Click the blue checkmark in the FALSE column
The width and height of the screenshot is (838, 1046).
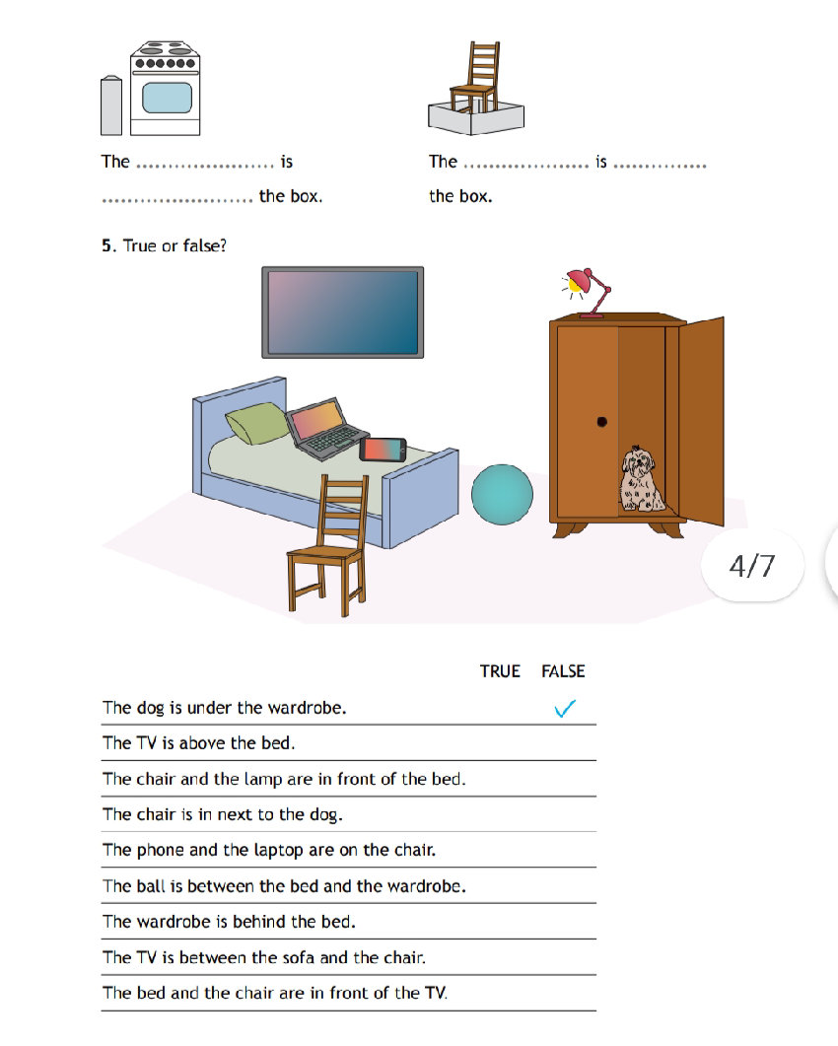(x=565, y=708)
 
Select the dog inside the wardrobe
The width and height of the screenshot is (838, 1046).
(x=641, y=479)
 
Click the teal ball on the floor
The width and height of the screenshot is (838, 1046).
(x=502, y=495)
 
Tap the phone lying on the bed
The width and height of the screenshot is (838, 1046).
(x=383, y=450)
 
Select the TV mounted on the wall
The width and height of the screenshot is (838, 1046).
(x=342, y=313)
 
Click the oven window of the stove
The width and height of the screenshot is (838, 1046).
(x=167, y=98)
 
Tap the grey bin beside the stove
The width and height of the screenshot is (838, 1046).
(x=111, y=105)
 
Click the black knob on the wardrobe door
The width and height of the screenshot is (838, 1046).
(x=601, y=422)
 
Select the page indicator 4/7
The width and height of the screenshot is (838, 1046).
(x=751, y=566)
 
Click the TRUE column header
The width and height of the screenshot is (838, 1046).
(x=500, y=671)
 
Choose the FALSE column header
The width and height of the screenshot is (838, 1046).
(x=563, y=671)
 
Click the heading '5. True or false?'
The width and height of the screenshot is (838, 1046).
(x=164, y=245)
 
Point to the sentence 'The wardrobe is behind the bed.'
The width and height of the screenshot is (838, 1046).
(x=229, y=922)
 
